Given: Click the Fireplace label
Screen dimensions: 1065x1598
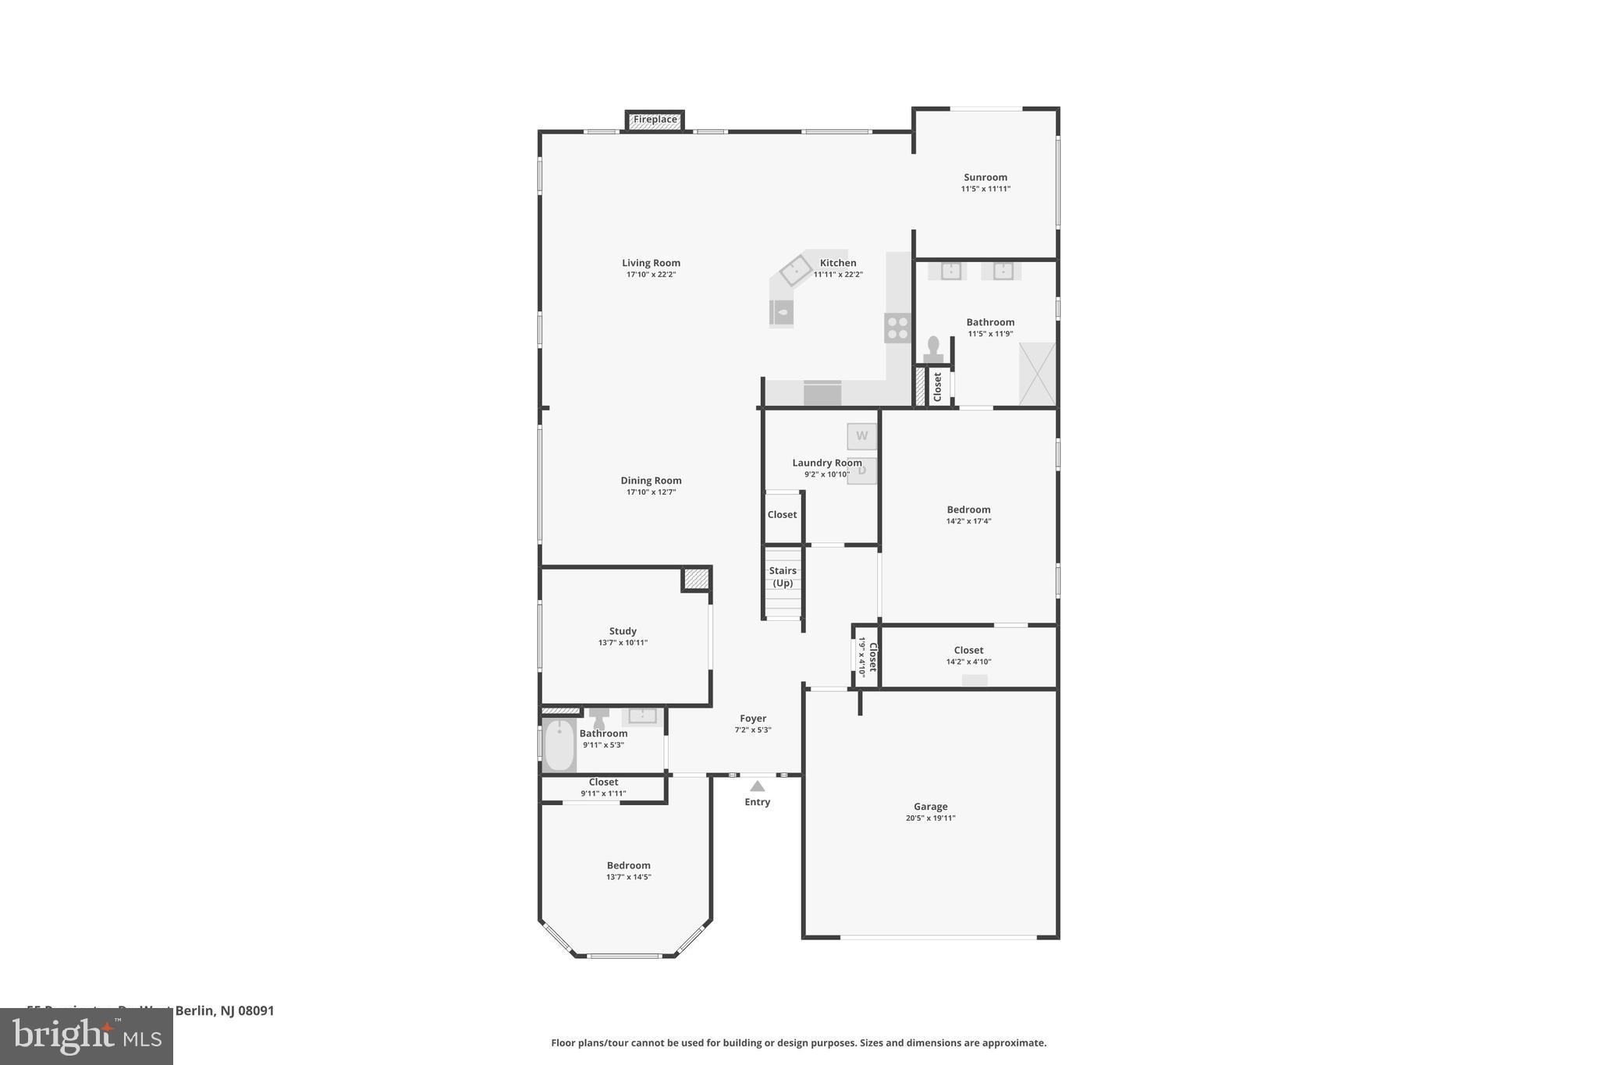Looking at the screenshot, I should tap(655, 120).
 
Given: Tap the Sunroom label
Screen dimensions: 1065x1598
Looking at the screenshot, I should tap(985, 177).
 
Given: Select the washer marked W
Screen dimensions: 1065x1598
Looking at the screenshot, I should tap(861, 436).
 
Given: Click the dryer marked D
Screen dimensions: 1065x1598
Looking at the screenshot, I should tap(862, 470).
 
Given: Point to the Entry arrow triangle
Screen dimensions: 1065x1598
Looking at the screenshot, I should tap(757, 786).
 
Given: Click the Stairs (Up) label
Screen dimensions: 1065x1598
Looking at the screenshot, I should tap(783, 577).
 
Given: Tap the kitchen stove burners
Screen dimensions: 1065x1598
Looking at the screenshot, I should tap(897, 328).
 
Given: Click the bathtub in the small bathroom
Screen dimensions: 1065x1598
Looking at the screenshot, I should tap(559, 744).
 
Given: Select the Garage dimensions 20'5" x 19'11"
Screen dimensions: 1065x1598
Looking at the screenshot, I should tap(930, 818).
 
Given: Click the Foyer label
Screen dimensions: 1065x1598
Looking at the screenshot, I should tap(753, 719).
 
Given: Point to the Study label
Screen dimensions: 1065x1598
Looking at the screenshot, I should tap(623, 631).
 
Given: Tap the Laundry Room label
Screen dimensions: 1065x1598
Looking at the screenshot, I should tap(826, 463).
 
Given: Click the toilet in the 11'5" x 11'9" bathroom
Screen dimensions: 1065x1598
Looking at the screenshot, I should tap(932, 349).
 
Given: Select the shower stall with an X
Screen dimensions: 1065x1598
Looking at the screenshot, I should tap(1037, 375).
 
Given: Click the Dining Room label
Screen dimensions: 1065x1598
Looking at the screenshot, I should tap(651, 481).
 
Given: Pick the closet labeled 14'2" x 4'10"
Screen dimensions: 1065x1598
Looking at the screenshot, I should tap(968, 655).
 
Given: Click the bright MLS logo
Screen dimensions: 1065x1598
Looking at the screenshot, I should tap(87, 1036).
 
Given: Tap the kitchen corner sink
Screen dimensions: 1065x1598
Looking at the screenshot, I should tap(796, 271).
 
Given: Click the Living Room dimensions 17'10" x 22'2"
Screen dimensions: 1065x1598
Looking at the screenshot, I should tap(651, 275).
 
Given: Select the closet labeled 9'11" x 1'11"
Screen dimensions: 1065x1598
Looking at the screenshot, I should tap(603, 787).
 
